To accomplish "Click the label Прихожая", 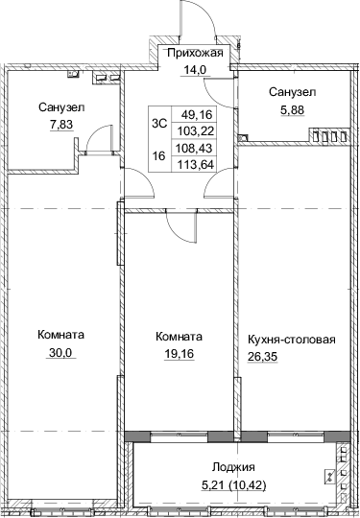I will point(195,54).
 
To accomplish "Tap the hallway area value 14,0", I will point(195,69).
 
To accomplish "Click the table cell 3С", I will point(159,121).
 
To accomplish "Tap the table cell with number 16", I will point(159,154).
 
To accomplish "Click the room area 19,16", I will point(179,352).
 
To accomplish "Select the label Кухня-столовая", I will point(291,338).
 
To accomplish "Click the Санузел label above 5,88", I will point(292,92).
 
